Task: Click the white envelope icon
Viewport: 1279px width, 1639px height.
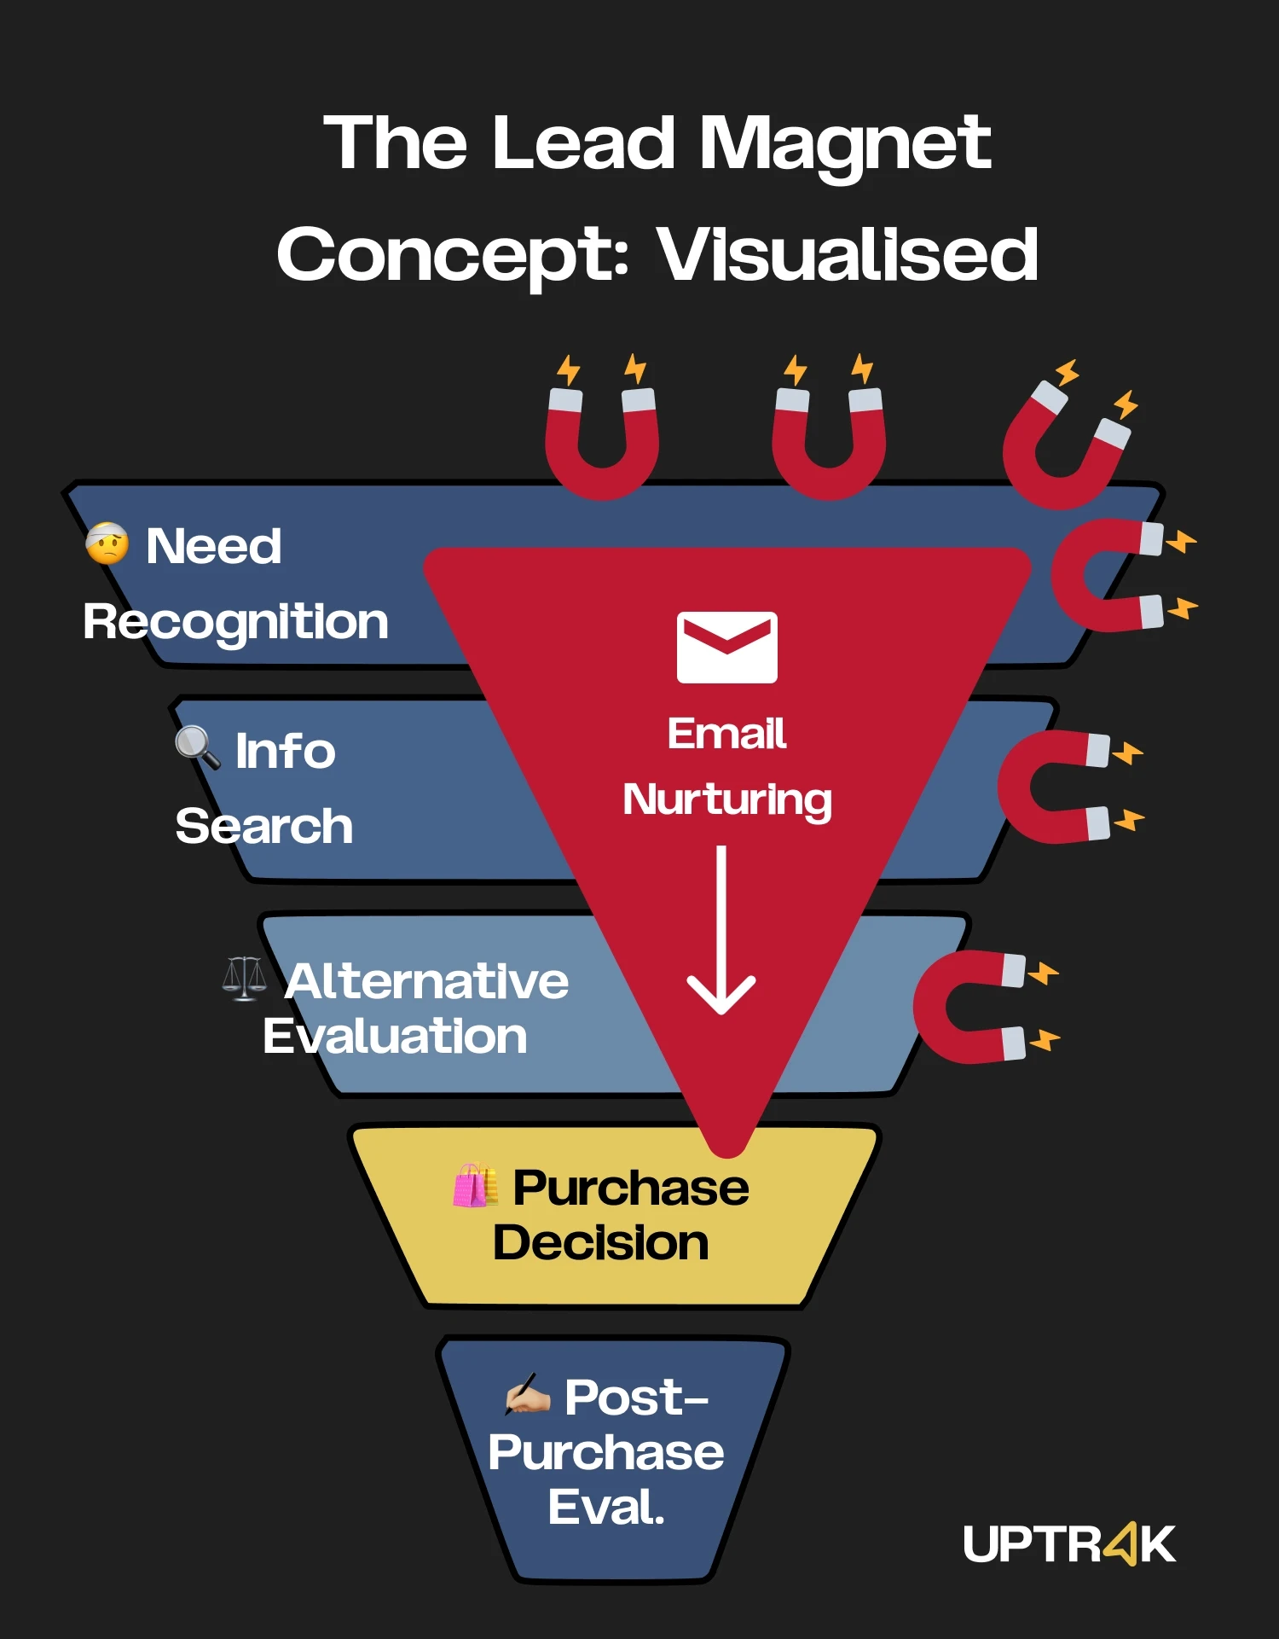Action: (726, 647)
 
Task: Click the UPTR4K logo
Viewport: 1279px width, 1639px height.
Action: (1069, 1543)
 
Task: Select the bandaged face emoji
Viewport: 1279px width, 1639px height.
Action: (107, 543)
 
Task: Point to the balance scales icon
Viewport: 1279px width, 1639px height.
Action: (244, 978)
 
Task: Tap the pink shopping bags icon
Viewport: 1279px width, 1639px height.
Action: (476, 1185)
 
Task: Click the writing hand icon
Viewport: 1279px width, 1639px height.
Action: (527, 1393)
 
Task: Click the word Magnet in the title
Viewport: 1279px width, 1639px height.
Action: (845, 145)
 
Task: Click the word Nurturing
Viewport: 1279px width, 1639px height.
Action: (727, 800)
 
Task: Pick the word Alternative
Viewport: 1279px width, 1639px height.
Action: (427, 981)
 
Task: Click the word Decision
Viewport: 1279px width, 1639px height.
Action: (601, 1242)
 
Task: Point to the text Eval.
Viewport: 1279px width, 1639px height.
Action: (605, 1507)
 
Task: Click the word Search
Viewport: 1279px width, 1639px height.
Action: (264, 826)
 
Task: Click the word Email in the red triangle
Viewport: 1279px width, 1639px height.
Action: (726, 734)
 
